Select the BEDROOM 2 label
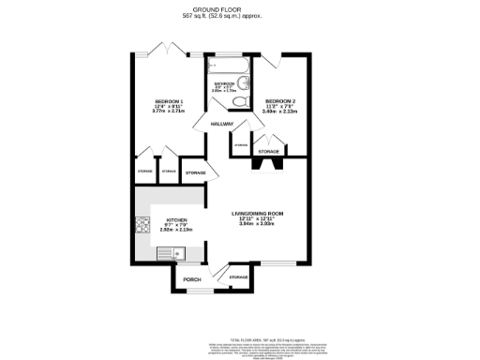tap(280, 100)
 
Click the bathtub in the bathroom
tap(228, 68)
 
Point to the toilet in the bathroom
tap(241, 101)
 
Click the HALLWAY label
tap(222, 125)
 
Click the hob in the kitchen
tap(143, 226)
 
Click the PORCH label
tap(191, 279)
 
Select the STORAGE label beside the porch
tap(239, 277)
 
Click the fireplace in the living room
tap(268, 162)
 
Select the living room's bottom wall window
tap(277, 262)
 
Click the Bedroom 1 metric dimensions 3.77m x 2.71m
tap(169, 112)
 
